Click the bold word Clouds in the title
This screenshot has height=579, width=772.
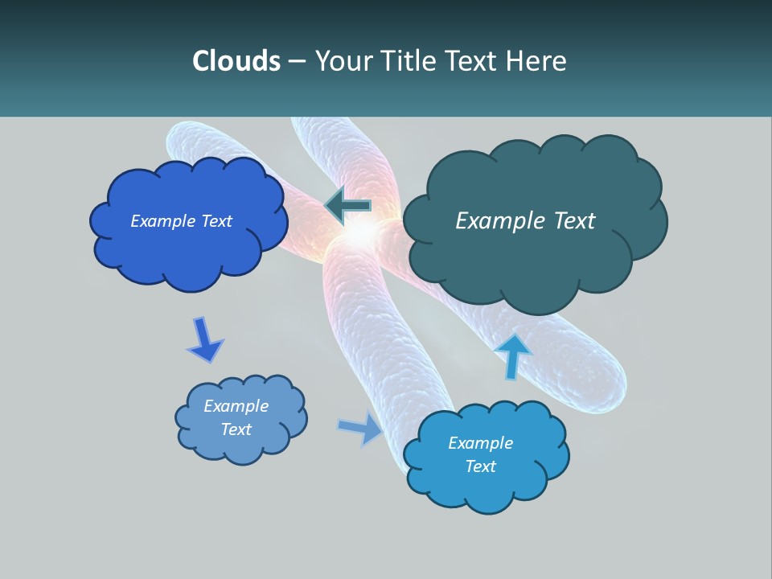236,61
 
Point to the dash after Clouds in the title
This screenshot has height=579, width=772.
296,62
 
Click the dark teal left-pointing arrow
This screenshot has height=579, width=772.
347,206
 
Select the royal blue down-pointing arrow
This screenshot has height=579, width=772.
204,340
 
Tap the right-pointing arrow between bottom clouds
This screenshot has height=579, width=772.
361,428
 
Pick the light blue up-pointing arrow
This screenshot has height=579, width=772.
513,355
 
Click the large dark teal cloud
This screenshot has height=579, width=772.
535,241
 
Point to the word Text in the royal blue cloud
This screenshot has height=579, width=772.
216,221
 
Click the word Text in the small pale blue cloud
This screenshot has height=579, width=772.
236,429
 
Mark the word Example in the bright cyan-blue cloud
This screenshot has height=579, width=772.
480,443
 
